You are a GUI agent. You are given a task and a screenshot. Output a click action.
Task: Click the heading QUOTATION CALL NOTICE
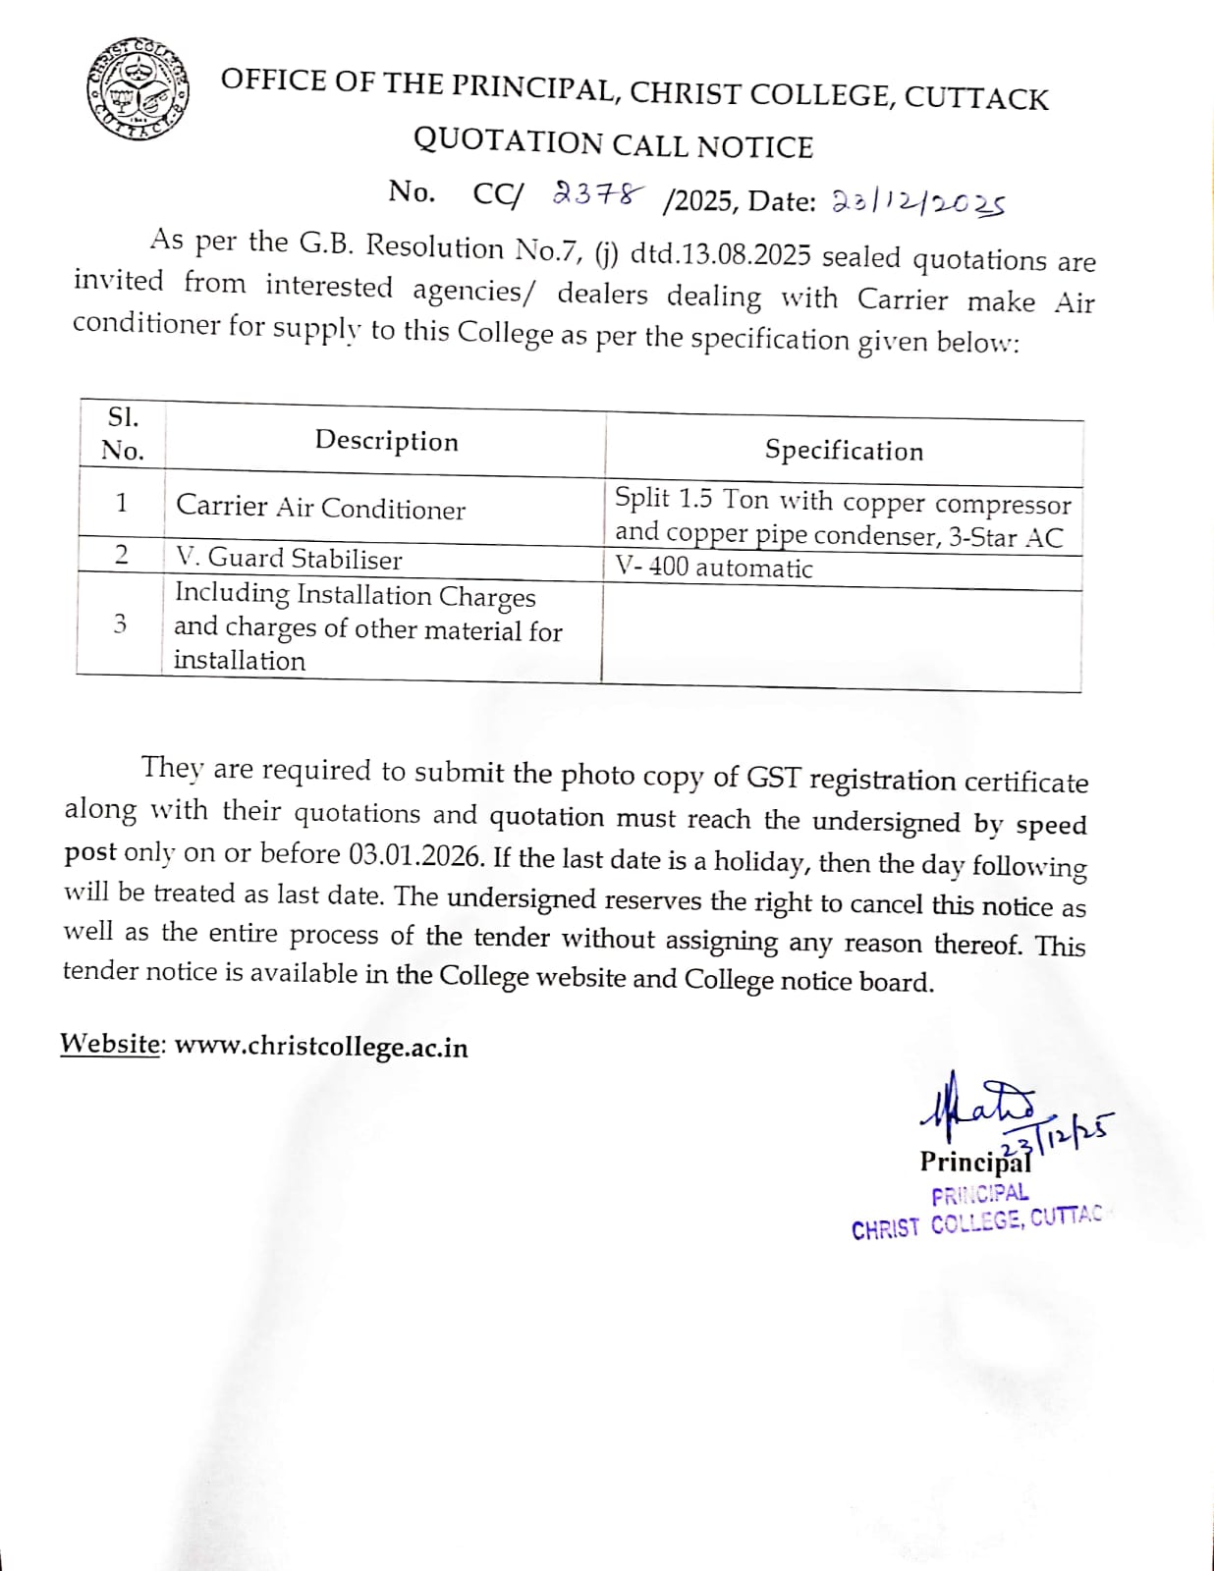point(613,143)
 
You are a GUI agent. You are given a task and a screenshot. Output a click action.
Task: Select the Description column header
point(386,441)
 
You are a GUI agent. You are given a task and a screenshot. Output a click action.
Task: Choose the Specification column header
point(844,451)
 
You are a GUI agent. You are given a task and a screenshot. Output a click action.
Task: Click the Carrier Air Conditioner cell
point(320,507)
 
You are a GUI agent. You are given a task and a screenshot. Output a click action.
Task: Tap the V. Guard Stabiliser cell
point(289,559)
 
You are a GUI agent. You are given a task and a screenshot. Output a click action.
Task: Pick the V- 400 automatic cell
point(714,568)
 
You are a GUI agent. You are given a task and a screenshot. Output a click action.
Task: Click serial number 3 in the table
point(120,623)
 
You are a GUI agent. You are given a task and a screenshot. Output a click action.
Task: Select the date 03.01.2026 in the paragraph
point(416,855)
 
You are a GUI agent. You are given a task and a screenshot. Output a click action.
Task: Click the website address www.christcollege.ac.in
point(321,1047)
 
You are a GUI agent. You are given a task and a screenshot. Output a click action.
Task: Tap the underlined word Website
point(110,1043)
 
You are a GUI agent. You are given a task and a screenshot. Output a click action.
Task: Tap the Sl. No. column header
point(122,434)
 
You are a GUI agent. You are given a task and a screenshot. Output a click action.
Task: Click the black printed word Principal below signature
point(974,1163)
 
